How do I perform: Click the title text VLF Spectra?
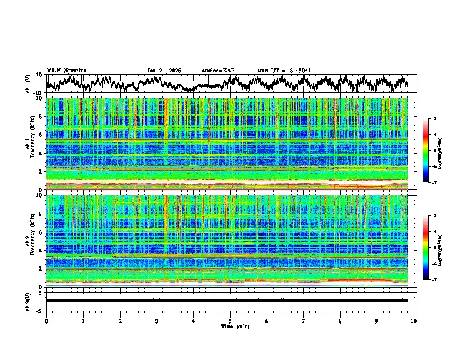tap(66, 70)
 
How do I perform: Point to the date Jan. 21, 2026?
tap(164, 71)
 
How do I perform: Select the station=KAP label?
tap(218, 71)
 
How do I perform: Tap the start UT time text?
tap(284, 71)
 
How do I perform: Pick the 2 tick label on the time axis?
tap(120, 321)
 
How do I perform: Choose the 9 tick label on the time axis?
tap(377, 321)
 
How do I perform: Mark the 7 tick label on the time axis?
tap(304, 321)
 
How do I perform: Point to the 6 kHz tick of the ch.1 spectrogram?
tap(40, 135)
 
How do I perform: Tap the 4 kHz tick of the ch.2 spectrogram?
tap(40, 250)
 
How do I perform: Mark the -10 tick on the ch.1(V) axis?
tap(39, 92)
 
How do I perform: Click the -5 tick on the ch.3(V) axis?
tap(40, 309)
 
